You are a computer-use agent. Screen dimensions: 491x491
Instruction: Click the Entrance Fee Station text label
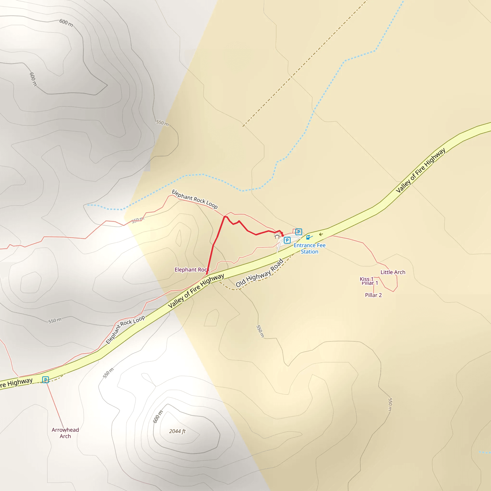(309, 248)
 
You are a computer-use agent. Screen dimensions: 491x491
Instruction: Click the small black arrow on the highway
(321, 234)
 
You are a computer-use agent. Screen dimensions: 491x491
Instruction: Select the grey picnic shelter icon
(277, 237)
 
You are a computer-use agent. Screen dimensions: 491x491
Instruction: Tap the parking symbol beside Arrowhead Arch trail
(46, 380)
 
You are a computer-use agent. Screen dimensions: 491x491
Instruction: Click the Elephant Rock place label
(192, 270)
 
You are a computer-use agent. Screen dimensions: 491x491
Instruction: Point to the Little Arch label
(393, 272)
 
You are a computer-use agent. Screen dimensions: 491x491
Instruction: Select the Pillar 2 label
(373, 295)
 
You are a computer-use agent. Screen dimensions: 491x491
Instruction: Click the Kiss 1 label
(367, 279)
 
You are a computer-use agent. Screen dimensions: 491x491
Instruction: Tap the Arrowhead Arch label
(65, 433)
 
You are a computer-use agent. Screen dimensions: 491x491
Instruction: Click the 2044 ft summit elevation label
(177, 431)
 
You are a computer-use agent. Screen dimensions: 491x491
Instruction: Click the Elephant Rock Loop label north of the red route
(195, 199)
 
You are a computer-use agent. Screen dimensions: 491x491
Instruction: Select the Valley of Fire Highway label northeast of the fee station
(420, 170)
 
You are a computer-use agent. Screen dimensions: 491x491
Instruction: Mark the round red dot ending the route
(283, 236)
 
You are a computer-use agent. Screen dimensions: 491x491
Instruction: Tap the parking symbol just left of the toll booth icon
(299, 232)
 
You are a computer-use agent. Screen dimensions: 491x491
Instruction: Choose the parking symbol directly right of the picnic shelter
(287, 240)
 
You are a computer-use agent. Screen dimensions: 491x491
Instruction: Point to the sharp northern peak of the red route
(225, 216)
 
